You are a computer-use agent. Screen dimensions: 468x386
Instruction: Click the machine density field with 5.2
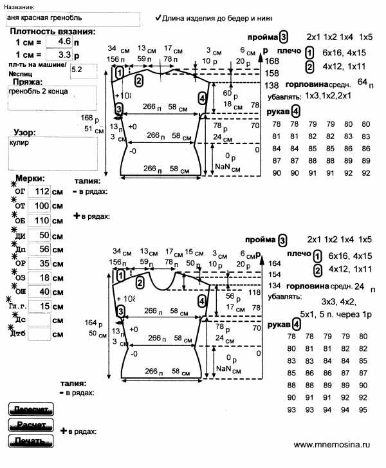coord(83,68)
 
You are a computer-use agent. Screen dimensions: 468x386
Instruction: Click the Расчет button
coord(30,425)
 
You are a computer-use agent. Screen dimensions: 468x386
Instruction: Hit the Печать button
coord(30,441)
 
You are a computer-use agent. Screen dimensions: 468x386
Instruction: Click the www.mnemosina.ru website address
coord(333,444)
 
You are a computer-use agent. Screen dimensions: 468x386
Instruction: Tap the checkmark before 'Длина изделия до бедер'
coord(158,19)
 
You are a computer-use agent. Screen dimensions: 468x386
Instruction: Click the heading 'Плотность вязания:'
coord(53,31)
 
